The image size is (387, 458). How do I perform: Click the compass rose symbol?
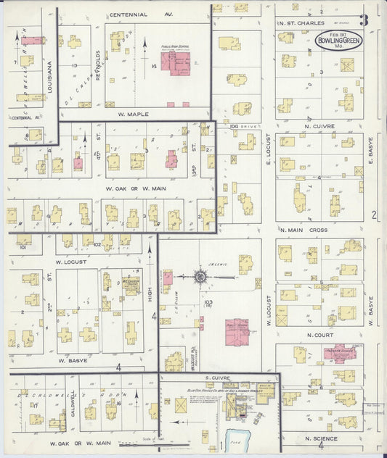point(200,276)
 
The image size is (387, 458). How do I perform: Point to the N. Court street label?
point(319,335)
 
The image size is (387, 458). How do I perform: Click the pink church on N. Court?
point(339,356)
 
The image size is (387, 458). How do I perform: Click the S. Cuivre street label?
point(217,378)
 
